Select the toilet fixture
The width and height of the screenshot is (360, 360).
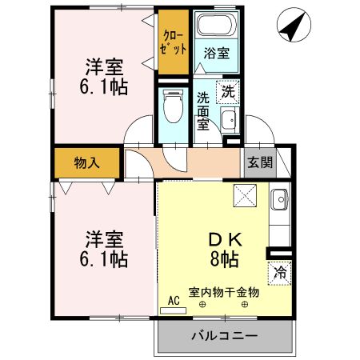[171, 102]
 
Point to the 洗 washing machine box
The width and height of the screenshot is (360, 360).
[229, 90]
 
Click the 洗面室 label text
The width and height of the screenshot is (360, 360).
[203, 110]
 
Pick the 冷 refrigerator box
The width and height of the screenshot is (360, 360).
[279, 271]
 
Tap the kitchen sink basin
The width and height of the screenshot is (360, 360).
[279, 199]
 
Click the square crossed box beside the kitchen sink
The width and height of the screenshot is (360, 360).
[244, 195]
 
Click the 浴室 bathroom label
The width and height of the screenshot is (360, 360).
[215, 54]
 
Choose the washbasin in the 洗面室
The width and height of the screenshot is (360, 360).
[229, 121]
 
